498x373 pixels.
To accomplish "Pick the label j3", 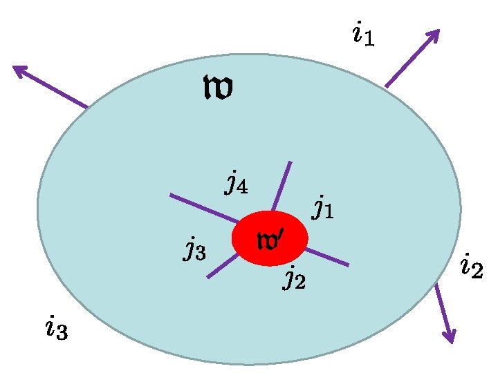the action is click(x=194, y=248).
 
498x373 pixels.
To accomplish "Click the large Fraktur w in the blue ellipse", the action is click(x=217, y=88).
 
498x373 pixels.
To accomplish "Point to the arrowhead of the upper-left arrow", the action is click(x=17, y=68).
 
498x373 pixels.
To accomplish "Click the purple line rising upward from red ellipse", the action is click(x=282, y=185).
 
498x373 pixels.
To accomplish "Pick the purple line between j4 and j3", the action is click(x=204, y=208).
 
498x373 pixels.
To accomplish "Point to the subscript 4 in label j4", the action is click(x=242, y=187).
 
